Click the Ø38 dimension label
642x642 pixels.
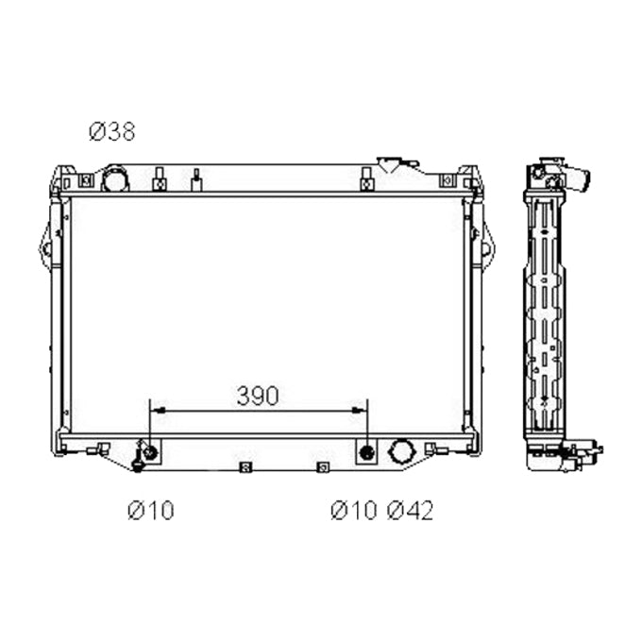point(112,132)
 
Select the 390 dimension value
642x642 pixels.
point(258,397)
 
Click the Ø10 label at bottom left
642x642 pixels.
point(151,511)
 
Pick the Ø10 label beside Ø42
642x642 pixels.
point(354,511)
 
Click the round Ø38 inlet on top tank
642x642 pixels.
point(115,177)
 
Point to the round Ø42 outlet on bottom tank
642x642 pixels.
point(401,452)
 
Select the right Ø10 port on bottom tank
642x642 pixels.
point(366,452)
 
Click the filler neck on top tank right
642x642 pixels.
point(395,164)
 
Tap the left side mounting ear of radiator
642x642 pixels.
point(44,248)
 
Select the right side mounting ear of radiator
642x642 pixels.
point(486,248)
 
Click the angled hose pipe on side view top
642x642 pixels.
point(578,177)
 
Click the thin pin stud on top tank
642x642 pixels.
point(196,178)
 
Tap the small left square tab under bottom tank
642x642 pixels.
point(245,466)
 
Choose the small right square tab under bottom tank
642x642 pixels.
point(323,466)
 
